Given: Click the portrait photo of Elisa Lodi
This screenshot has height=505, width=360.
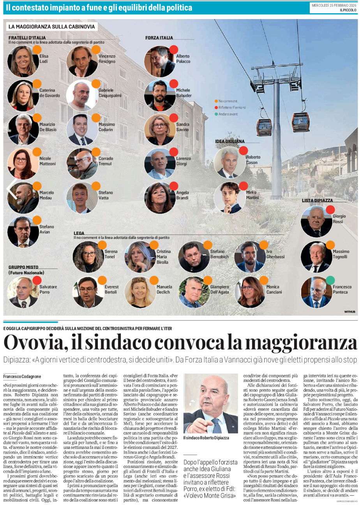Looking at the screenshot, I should (23, 61).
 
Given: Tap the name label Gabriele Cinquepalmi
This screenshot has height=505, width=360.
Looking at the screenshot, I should (109, 93).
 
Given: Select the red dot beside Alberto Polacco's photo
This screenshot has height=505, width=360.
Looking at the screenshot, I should (174, 49).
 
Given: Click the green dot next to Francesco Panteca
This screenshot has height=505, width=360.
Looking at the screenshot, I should (330, 280).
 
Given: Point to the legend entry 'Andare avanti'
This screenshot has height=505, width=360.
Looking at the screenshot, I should (228, 114).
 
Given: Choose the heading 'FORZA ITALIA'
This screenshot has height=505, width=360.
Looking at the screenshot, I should (159, 38).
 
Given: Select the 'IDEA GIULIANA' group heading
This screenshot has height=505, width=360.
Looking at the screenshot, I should (230, 141).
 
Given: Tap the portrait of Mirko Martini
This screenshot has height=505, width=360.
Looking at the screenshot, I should (229, 198).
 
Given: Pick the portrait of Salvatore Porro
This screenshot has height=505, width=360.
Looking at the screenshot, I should (23, 292).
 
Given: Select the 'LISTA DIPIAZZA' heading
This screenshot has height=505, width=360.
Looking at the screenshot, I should (317, 200).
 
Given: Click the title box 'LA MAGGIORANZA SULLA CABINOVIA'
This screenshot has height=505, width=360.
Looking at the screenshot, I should (51, 27).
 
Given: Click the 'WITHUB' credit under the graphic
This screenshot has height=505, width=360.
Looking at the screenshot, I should (349, 312).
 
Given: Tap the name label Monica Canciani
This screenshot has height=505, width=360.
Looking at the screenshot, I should (274, 290).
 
